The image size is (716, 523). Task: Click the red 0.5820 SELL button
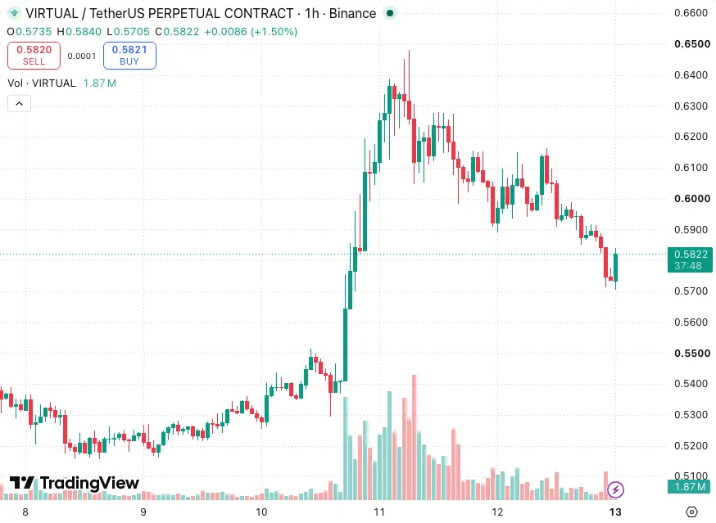[x=34, y=56]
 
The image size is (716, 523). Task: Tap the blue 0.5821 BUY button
[x=129, y=56]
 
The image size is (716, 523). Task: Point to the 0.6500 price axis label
[x=691, y=44]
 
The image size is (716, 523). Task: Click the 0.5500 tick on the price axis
[x=691, y=354]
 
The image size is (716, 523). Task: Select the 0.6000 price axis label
[x=691, y=199]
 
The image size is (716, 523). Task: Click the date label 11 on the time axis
[x=379, y=512]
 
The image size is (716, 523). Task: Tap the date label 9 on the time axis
[x=143, y=512]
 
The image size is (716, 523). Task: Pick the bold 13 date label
[x=615, y=512]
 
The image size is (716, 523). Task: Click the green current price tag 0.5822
[x=690, y=259]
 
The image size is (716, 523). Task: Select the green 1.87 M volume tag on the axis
[x=690, y=487]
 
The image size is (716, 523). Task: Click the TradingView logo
[x=75, y=483]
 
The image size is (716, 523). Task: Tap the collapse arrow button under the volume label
[x=19, y=104]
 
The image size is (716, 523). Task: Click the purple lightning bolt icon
[x=615, y=490]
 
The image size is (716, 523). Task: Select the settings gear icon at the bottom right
[x=691, y=512]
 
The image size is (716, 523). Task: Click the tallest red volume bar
[x=415, y=437]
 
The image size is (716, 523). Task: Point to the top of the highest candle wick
[x=409, y=51]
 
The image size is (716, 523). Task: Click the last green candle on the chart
[x=615, y=268]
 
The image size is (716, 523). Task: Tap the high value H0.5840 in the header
[x=79, y=31]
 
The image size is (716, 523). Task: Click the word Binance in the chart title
[x=352, y=14]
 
